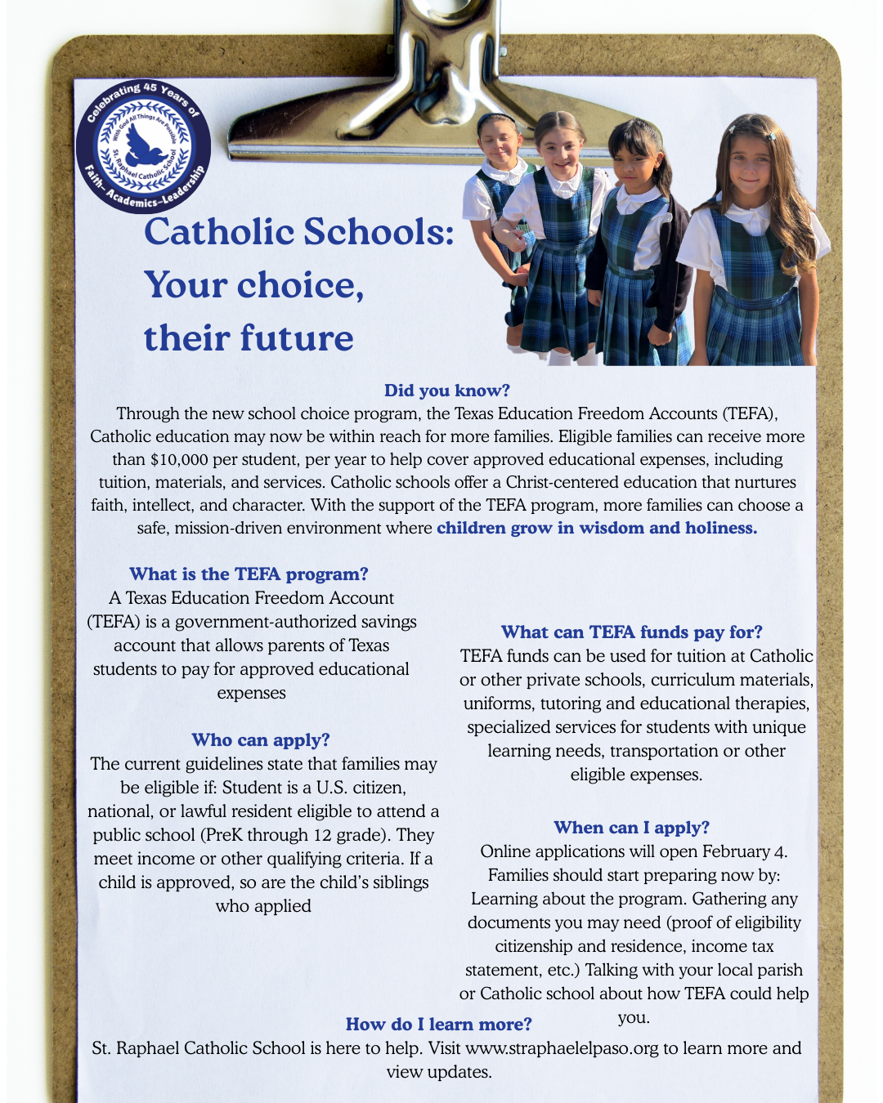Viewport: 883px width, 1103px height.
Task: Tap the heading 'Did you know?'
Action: pyautogui.click(x=446, y=391)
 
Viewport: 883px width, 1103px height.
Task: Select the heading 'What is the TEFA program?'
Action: pyautogui.click(x=249, y=574)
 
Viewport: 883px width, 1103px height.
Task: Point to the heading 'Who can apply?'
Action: pyautogui.click(x=260, y=740)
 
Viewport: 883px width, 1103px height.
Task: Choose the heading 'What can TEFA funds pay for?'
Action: pyautogui.click(x=631, y=632)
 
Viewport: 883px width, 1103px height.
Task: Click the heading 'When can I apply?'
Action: pyautogui.click(x=631, y=828)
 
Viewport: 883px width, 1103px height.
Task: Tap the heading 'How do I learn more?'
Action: pyautogui.click(x=438, y=1025)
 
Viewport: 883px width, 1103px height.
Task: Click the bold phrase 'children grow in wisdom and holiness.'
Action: pyautogui.click(x=597, y=528)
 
